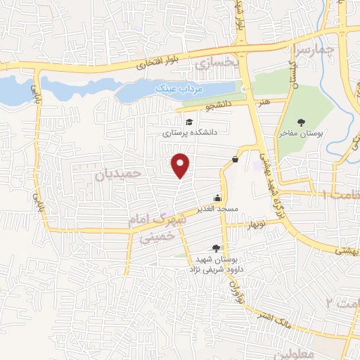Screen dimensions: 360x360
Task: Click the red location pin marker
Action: click(181, 165)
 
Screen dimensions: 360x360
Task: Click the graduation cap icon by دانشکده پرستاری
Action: click(188, 122)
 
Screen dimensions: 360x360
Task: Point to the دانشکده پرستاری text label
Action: click(191, 132)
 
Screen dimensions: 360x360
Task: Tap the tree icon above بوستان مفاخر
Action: click(302, 122)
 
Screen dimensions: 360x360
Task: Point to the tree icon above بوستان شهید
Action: click(215, 248)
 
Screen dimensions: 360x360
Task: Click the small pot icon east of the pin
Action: click(234, 159)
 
